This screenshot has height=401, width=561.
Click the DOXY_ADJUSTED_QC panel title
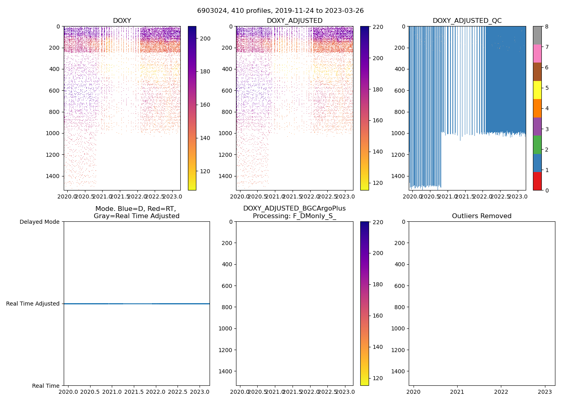[x=467, y=21]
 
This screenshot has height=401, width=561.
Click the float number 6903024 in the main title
[x=212, y=11]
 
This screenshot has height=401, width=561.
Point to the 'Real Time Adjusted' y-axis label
[x=33, y=304]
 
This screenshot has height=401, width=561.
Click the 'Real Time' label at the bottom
[x=46, y=386]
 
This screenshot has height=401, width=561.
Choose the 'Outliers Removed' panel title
[x=482, y=216]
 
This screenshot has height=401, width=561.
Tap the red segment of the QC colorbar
[x=537, y=181]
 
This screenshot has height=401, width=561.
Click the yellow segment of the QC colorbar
[x=537, y=90]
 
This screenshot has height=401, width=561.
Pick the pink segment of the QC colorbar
[x=537, y=53]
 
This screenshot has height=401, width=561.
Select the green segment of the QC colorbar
[x=537, y=144]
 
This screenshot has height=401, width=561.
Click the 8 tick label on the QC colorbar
[x=547, y=27]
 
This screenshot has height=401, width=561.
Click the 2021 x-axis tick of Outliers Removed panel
[x=457, y=391]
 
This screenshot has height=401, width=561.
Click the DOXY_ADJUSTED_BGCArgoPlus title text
[x=294, y=209]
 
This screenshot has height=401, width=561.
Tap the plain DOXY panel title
[x=122, y=21]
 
